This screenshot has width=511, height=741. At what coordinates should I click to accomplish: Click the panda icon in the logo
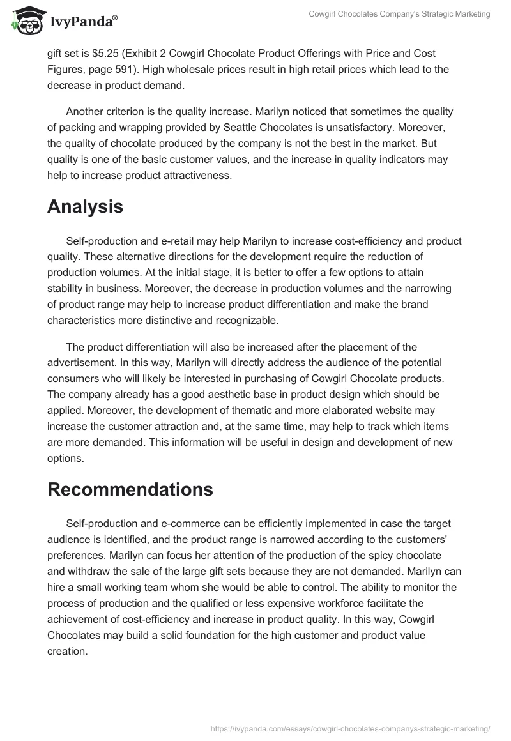pos(24,21)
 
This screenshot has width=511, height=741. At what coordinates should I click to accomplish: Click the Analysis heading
pos(85,189)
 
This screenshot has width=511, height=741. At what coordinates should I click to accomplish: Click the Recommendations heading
pos(130,489)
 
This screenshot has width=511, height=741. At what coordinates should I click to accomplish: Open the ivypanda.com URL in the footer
pos(350,728)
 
